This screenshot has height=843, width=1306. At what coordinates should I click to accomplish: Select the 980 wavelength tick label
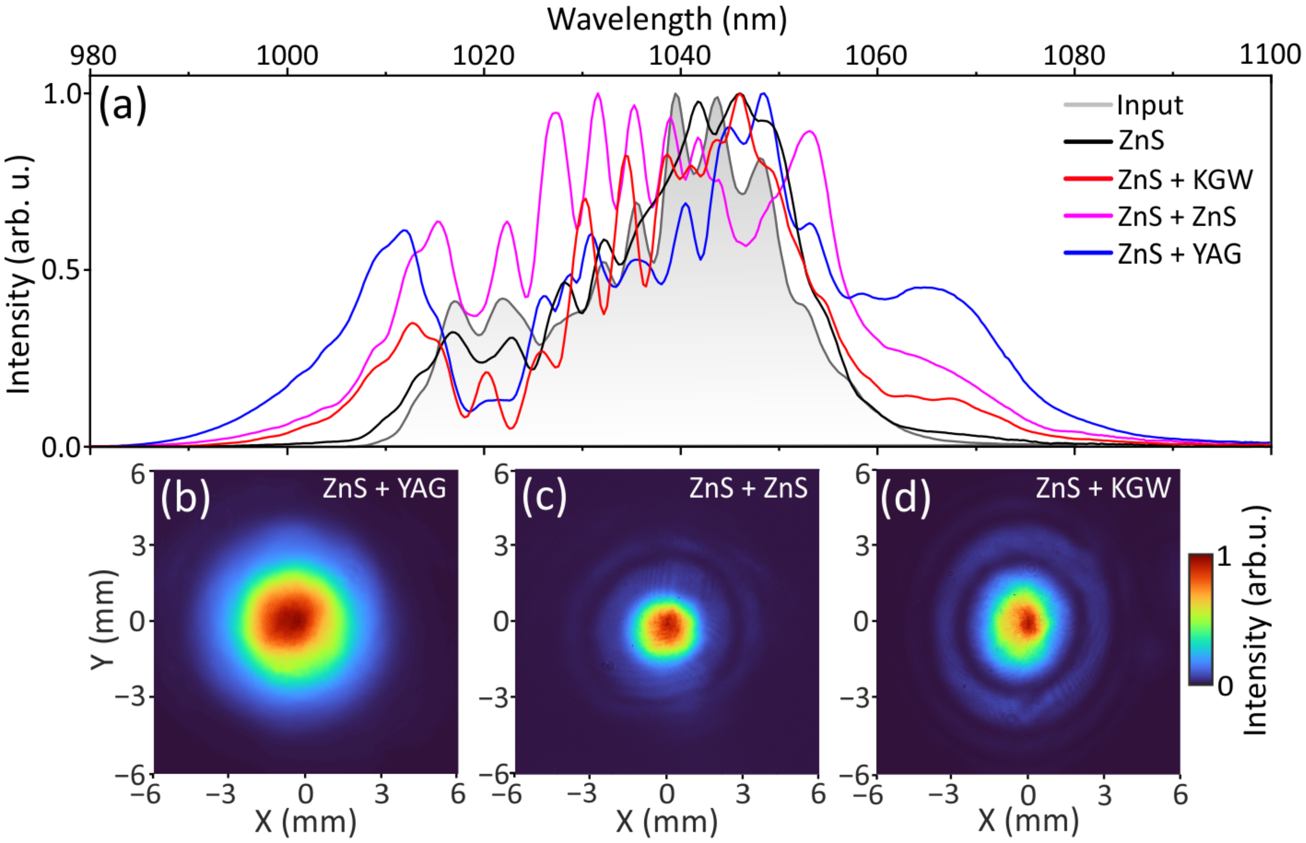(x=93, y=56)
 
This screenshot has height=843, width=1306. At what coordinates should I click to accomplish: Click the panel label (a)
(x=123, y=106)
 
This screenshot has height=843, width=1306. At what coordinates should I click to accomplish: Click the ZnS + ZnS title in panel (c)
(x=748, y=488)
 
